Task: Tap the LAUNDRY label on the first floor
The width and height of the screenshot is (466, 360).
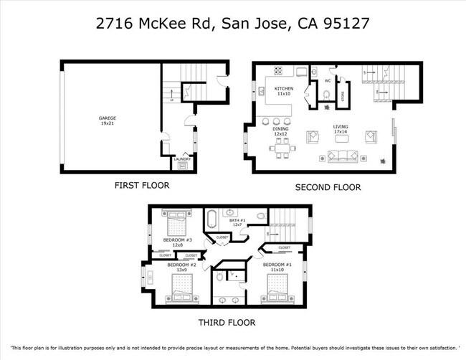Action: point(182,159)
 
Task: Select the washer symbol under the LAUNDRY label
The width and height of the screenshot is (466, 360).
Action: point(182,166)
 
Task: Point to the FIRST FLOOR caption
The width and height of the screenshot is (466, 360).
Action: point(142,185)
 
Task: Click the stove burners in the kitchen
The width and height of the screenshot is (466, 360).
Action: point(278,70)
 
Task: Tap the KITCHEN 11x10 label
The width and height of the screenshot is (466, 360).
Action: point(284,91)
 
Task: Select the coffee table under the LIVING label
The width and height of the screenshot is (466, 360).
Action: point(340,137)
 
